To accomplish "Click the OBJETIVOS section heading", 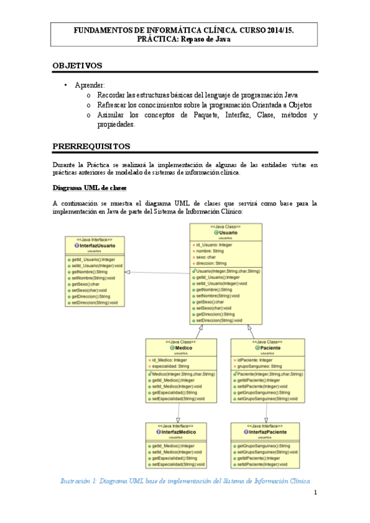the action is click(x=77, y=65).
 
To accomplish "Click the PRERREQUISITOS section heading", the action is click(x=91, y=146).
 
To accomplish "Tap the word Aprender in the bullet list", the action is click(x=90, y=85).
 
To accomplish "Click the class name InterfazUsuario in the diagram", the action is click(x=97, y=245).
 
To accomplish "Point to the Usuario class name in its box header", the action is click(x=227, y=232).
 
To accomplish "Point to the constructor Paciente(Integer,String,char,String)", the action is click(x=269, y=374).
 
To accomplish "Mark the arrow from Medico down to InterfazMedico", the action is click(x=179, y=405).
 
